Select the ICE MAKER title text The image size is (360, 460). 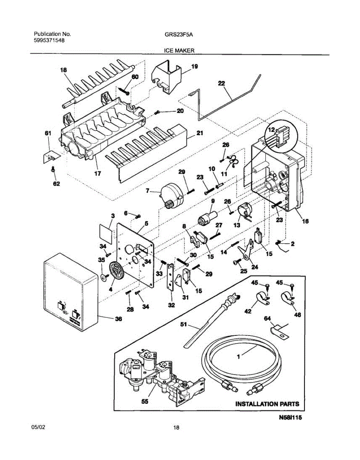click(x=179, y=50)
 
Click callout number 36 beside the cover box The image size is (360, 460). click(x=119, y=319)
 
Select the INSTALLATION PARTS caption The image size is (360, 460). click(x=267, y=404)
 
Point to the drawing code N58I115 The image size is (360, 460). click(x=291, y=419)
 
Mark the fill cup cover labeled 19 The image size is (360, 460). click(x=168, y=77)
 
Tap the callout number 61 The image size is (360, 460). click(x=48, y=133)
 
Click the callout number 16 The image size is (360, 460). click(x=305, y=221)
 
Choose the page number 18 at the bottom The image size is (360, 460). click(x=176, y=427)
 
